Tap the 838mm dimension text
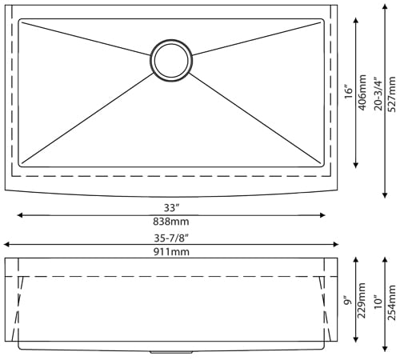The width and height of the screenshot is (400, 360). [x=170, y=222]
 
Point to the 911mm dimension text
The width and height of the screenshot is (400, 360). [x=170, y=252]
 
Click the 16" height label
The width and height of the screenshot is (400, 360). [x=347, y=92]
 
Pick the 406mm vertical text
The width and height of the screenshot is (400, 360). [x=362, y=92]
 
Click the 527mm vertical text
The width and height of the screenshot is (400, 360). [x=392, y=92]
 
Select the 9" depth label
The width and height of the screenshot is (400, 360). [x=347, y=302]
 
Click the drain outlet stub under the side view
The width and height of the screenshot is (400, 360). [x=158, y=352]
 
